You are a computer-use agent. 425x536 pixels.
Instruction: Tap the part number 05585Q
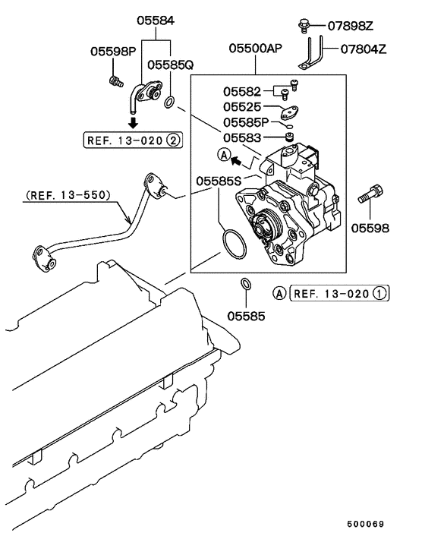coord(170,66)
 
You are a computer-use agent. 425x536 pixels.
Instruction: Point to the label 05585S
coord(219,181)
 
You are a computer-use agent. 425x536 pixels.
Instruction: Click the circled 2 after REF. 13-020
coord(174,140)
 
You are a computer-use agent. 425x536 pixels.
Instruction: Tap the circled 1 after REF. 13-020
coord(380,292)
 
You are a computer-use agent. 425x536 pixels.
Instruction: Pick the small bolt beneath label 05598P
coord(115,80)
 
